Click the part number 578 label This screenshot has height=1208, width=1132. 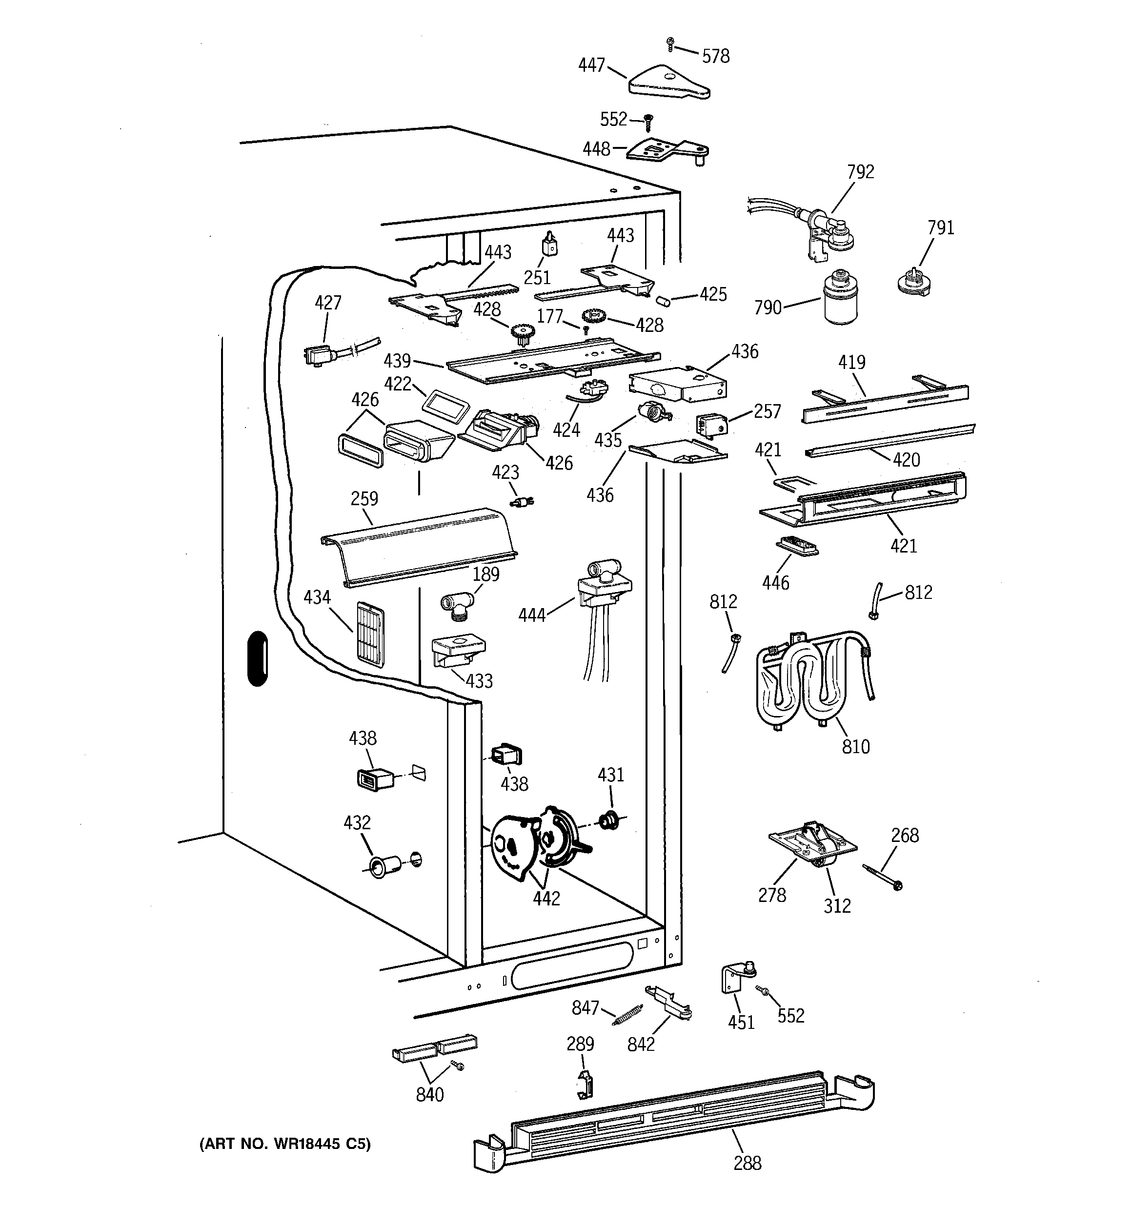click(x=716, y=57)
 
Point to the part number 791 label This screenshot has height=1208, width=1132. click(x=941, y=228)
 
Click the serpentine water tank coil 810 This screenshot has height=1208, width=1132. click(x=815, y=680)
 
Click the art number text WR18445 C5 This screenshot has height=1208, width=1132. click(x=322, y=1144)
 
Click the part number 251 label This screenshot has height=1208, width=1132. click(x=537, y=278)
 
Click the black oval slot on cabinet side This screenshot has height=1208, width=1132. click(x=258, y=659)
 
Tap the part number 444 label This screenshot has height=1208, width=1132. click(x=532, y=615)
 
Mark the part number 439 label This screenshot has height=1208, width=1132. click(x=397, y=361)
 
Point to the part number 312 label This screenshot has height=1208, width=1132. click(x=837, y=906)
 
